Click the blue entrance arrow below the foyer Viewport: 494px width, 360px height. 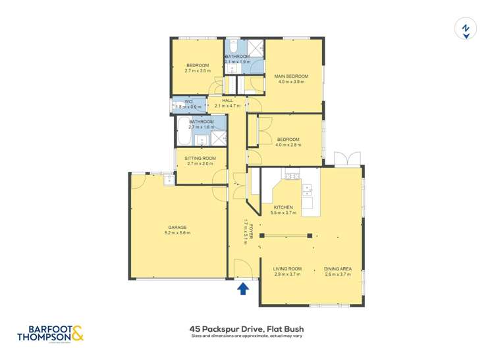242,288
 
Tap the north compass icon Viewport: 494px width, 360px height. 465,30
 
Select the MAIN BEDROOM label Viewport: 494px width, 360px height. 291,76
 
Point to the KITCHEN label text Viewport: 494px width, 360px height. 283,207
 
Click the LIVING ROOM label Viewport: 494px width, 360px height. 287,269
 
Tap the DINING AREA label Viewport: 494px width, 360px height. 337,269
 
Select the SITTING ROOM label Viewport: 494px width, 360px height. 200,158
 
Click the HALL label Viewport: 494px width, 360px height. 227,100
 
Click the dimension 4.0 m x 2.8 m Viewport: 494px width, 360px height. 288,145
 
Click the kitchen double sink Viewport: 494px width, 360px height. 307,190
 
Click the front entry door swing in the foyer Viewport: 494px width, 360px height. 242,267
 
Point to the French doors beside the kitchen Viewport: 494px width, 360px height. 346,159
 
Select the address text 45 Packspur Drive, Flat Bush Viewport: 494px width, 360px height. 246,329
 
